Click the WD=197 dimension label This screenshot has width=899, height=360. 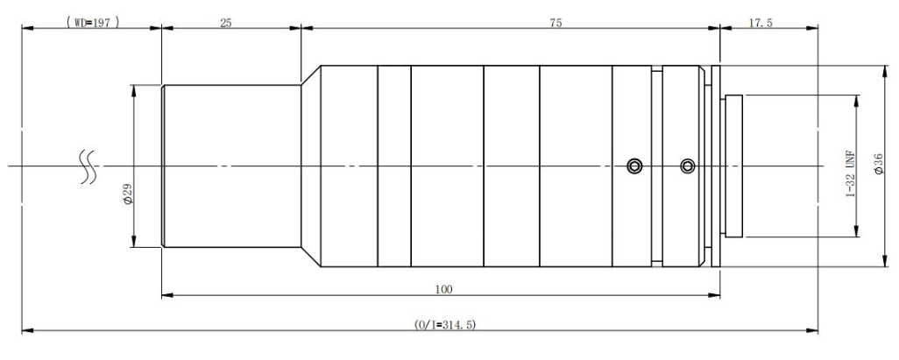[93, 23]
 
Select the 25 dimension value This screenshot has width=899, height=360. [226, 23]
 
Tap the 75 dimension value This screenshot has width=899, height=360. [556, 23]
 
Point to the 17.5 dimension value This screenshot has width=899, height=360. [761, 23]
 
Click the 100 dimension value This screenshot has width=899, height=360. [443, 290]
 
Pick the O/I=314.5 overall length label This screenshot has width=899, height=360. [445, 325]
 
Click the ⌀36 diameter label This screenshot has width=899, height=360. [878, 164]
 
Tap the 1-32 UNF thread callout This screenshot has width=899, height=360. [851, 173]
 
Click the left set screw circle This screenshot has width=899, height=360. [634, 166]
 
